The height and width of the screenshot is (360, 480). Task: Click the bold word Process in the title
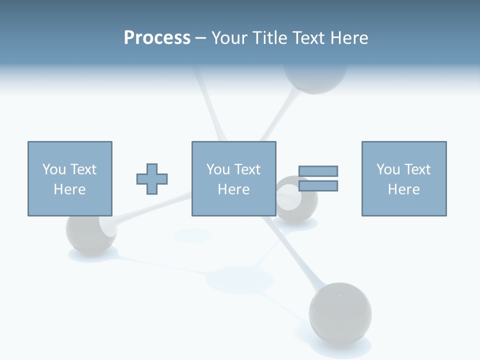157,38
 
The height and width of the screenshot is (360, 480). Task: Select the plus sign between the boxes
152,179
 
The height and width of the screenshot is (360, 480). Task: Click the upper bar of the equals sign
318,171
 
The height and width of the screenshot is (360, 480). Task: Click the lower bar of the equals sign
318,186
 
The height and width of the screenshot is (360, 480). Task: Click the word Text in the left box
83,169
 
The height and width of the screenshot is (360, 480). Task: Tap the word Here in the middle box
234,189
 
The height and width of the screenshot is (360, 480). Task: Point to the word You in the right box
388,169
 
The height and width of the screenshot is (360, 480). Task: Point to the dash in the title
200,38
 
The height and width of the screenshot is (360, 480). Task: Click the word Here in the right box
404,189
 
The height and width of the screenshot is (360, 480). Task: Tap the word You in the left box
54,169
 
